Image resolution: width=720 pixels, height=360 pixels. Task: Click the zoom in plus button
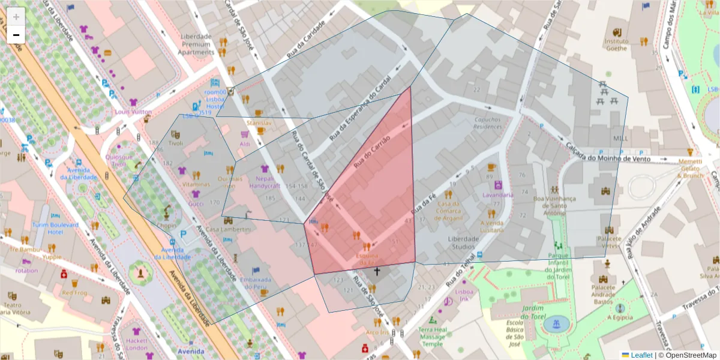point(16,17)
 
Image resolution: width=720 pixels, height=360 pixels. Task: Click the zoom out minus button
point(16,35)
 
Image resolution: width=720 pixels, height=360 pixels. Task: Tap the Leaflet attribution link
point(641,355)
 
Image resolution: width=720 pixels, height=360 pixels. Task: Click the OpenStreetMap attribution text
point(687,355)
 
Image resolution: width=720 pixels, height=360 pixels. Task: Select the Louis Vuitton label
point(133,112)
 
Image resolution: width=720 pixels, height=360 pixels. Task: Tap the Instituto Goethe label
point(616,45)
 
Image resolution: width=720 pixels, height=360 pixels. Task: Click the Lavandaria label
point(497,195)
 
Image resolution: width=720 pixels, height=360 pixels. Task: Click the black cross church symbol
point(377,272)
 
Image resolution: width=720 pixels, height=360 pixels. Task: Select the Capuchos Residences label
point(487,123)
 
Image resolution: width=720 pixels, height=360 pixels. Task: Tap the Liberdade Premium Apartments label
point(196,44)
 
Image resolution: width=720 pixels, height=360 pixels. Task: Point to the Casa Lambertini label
point(228,230)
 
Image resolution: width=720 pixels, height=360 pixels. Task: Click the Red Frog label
point(75,293)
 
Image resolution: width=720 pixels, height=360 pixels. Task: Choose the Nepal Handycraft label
point(265,182)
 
